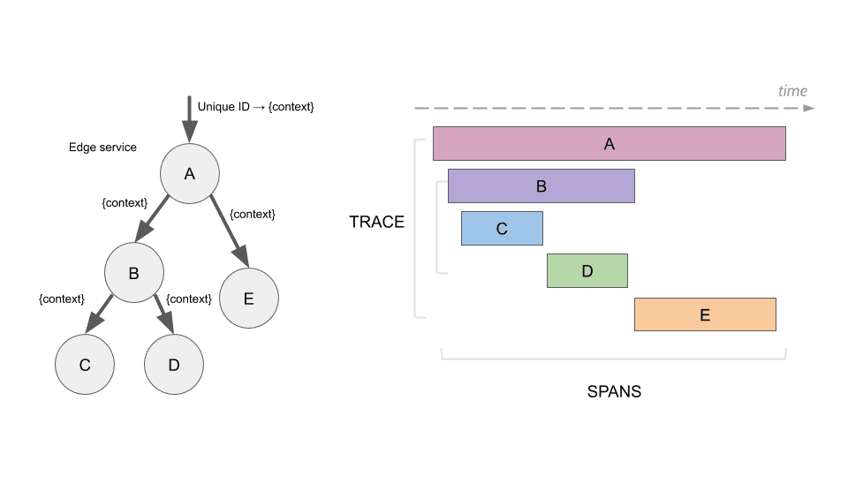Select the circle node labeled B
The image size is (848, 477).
point(133,273)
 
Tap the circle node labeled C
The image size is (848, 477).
point(85,364)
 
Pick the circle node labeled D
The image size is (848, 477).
point(174,364)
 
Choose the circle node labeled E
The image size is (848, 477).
point(248,299)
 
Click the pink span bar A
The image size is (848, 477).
point(609,143)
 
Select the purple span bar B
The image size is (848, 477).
point(541,186)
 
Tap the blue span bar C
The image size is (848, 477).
point(502,229)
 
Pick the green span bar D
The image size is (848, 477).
point(587,271)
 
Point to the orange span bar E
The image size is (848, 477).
point(705,314)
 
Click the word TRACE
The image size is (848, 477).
point(376,222)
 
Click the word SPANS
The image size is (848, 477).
point(614,391)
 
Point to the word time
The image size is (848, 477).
point(792,91)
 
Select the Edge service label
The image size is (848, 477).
point(102,148)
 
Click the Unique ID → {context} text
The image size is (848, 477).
point(256,106)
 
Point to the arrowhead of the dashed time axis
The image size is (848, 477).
point(808,109)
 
